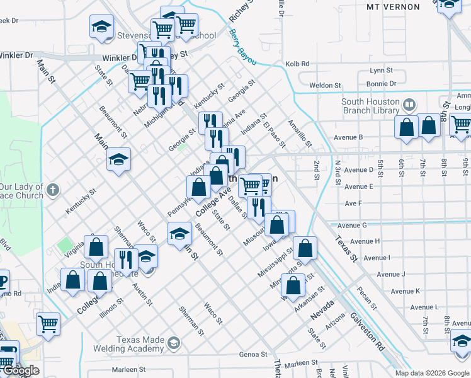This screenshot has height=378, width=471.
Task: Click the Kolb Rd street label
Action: point(297,64)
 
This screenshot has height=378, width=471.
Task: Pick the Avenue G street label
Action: point(352,226)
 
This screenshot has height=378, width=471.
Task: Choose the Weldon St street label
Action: point(325,85)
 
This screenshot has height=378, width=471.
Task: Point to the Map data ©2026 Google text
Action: point(433,373)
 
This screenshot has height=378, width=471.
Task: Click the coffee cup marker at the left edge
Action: point(2,280)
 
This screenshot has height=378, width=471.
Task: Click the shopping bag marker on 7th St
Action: point(429,126)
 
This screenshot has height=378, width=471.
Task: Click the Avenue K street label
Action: point(404,291)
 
